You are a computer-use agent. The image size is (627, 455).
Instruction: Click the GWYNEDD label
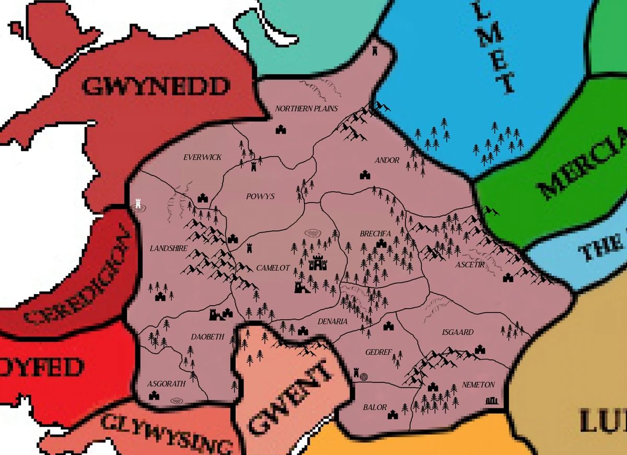pos(156,87)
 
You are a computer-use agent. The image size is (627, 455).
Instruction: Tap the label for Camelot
pos(273,268)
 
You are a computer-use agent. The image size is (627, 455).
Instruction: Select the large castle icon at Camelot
pos(317,262)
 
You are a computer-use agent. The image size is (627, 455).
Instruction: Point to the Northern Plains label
pos(307,109)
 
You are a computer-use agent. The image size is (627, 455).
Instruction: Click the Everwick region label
pos(202,157)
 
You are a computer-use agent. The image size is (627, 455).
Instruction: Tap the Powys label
pos(260,196)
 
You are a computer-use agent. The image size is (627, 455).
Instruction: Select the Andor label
pos(387,160)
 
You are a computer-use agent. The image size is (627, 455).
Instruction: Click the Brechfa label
pos(373,234)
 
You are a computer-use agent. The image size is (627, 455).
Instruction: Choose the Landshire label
pos(168,249)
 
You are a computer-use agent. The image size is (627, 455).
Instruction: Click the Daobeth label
pos(207,337)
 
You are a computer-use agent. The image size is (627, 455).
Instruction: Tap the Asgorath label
pos(166,383)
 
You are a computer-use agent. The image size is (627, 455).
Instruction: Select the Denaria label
pos(332,322)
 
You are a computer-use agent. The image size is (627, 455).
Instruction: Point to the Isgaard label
pos(458,332)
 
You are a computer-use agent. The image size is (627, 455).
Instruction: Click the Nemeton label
pos(478,384)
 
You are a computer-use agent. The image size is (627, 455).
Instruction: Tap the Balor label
pos(375,407)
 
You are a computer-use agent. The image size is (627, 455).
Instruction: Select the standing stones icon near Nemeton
pos(492,401)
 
